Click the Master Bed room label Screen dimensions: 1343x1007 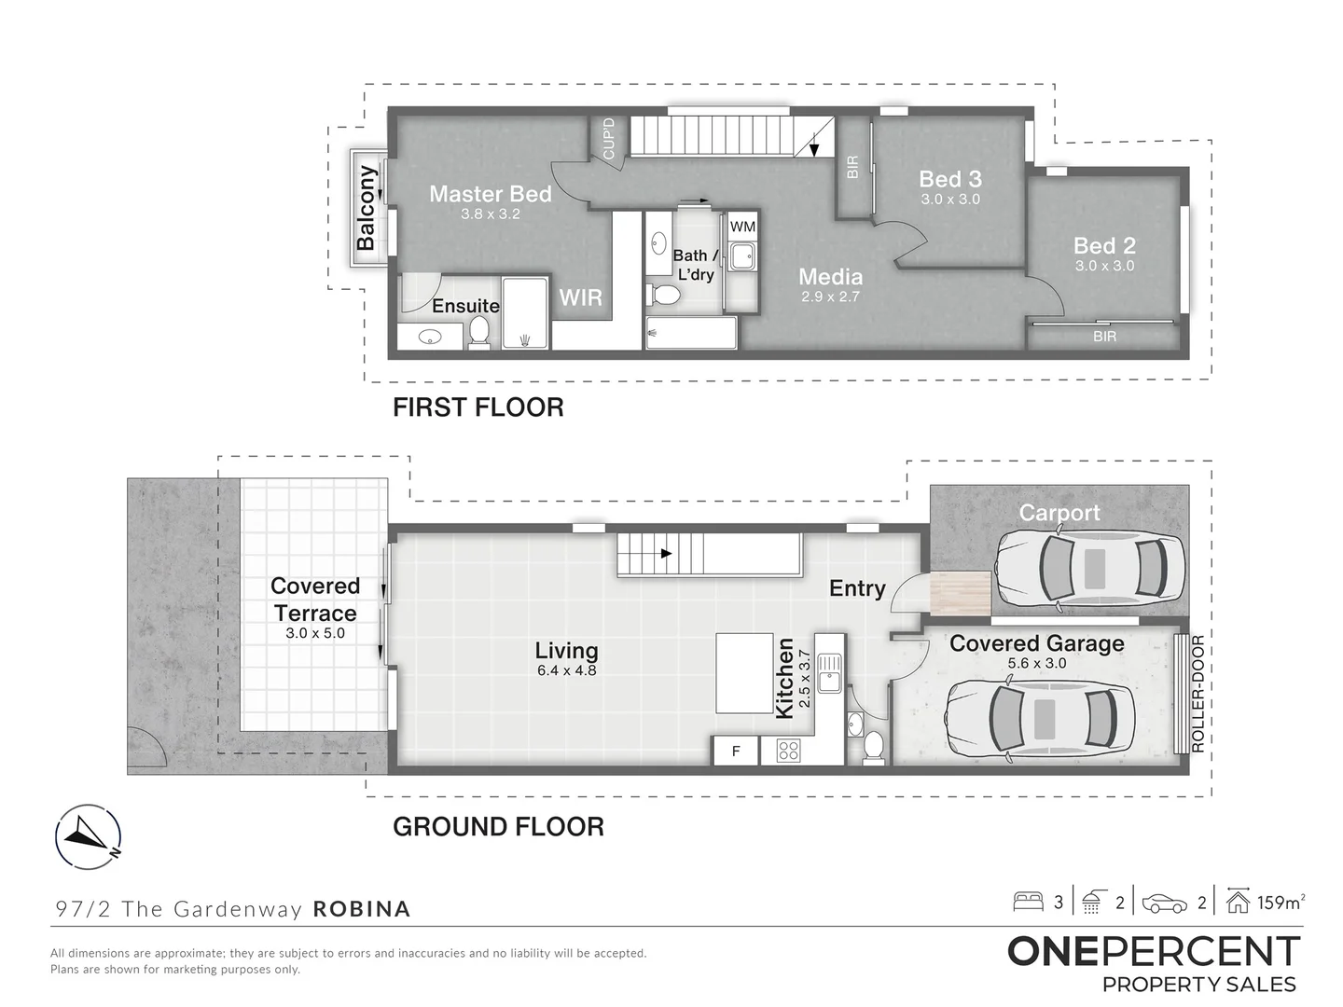pyautogui.click(x=490, y=194)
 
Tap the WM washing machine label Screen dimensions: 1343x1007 pyautogui.click(x=742, y=227)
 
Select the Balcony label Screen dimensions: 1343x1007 pyautogui.click(x=366, y=209)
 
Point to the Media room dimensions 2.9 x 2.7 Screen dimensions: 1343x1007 pyautogui.click(x=830, y=297)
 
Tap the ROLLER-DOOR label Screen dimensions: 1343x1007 pyautogui.click(x=1198, y=694)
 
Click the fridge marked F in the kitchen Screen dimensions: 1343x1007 pyautogui.click(x=736, y=751)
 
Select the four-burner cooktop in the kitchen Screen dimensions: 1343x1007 pyautogui.click(x=788, y=751)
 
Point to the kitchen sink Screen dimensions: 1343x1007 pyautogui.click(x=829, y=673)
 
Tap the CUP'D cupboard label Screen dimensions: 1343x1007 pyautogui.click(x=609, y=139)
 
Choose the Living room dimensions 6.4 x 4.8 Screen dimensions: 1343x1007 pyautogui.click(x=566, y=670)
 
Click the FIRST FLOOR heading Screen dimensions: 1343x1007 pyautogui.click(x=478, y=407)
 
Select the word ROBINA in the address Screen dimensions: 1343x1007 pyautogui.click(x=362, y=908)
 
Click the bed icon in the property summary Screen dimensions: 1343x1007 pyautogui.click(x=1028, y=903)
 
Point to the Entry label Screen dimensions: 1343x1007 pyautogui.click(x=857, y=588)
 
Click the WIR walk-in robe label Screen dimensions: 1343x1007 pyautogui.click(x=581, y=297)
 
